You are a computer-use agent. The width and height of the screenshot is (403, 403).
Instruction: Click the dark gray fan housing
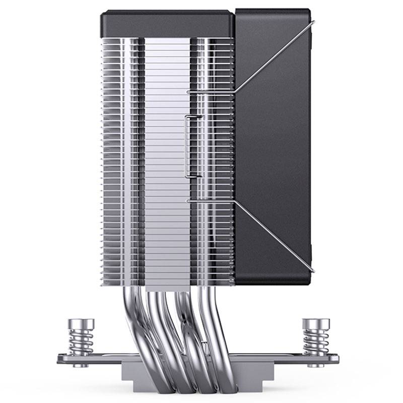[275, 151]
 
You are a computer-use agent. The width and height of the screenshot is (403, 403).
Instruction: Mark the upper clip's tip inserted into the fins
[189, 92]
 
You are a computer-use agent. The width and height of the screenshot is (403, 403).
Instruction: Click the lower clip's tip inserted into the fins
[189, 201]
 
